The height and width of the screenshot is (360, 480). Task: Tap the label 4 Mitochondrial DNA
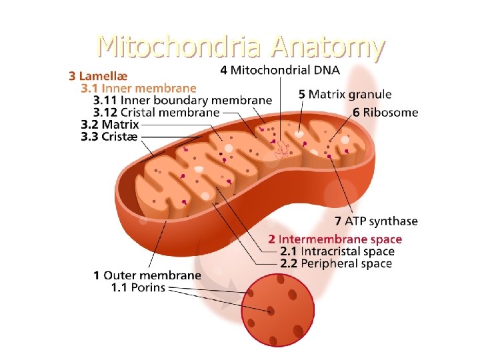click(x=279, y=69)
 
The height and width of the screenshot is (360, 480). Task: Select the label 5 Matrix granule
click(x=345, y=95)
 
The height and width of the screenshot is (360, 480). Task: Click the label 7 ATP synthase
click(x=376, y=221)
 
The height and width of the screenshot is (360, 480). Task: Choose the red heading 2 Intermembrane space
click(x=335, y=239)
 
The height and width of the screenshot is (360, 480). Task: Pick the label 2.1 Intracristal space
click(x=337, y=251)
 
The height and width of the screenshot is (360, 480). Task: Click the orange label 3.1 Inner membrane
click(x=138, y=88)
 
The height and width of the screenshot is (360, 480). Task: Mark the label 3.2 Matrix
click(x=109, y=124)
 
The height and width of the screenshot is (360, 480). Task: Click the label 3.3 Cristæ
click(x=109, y=136)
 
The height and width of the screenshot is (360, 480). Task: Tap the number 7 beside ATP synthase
click(x=338, y=221)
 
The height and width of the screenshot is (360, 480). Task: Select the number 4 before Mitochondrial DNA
click(x=223, y=69)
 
